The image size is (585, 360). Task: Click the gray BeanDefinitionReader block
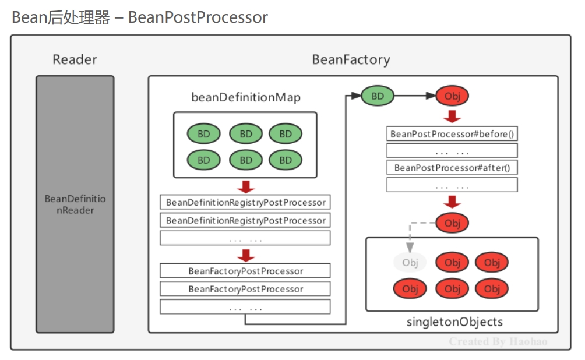click(75, 204)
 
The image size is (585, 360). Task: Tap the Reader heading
click(75, 59)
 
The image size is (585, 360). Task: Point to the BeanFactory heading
click(351, 59)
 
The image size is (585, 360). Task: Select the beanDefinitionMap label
click(246, 97)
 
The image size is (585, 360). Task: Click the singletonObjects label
click(454, 322)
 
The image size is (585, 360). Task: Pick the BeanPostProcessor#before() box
click(452, 134)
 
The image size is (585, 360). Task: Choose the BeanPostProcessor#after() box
click(452, 168)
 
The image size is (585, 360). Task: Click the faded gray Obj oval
click(410, 263)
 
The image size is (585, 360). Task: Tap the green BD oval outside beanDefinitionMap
click(378, 96)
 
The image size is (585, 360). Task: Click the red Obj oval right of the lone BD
click(452, 96)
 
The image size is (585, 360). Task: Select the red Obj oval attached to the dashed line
click(452, 223)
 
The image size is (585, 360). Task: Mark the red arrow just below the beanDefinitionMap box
click(246, 186)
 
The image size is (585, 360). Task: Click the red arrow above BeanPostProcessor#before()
click(452, 117)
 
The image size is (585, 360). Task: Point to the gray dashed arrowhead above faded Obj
click(410, 248)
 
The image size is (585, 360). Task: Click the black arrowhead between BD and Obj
click(431, 96)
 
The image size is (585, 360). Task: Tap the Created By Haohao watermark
click(498, 341)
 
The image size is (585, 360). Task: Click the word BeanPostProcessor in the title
click(198, 17)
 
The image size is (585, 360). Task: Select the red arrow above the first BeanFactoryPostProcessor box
click(246, 256)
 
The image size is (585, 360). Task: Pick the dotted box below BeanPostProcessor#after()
click(452, 185)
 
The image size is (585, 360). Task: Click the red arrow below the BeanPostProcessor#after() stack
click(452, 202)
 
